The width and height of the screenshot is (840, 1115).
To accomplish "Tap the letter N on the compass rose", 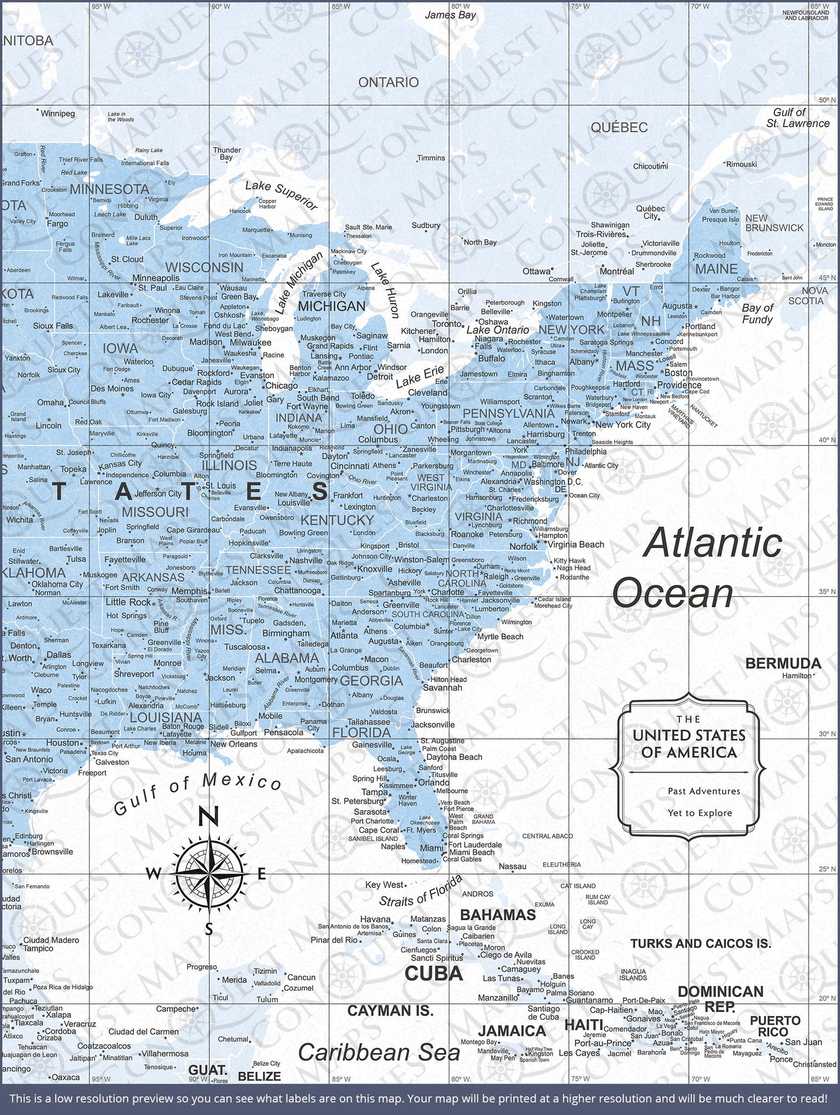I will [209, 816].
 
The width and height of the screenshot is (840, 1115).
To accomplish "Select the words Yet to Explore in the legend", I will [699, 813].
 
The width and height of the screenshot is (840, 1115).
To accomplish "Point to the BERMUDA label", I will [782, 663].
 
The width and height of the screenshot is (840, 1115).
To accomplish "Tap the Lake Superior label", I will [281, 195].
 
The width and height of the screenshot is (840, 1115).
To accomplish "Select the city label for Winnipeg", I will [58, 113].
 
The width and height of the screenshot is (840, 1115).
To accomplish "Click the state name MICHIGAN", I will [331, 306].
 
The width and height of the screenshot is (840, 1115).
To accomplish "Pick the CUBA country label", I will [434, 973].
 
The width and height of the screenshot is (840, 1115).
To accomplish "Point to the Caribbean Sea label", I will [378, 1052].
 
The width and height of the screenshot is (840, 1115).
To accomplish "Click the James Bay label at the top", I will [450, 15].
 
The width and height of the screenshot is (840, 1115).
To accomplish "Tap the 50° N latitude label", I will [827, 100].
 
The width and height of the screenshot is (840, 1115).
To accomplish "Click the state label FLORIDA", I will [361, 732].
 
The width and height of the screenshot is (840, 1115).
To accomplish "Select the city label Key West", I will [384, 885].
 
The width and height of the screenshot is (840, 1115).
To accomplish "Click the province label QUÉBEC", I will [619, 127].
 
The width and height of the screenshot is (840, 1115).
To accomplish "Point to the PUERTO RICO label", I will [775, 1026].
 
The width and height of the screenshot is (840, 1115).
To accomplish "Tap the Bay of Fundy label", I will [757, 314].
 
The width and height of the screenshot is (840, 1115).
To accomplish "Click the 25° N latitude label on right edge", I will [827, 869].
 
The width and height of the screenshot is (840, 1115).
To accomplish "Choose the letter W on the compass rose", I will [153, 874].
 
